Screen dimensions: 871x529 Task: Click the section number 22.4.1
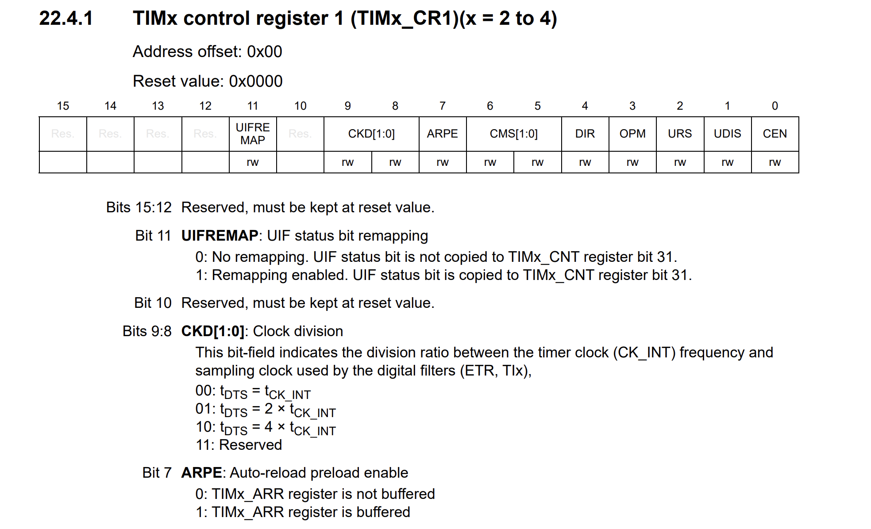tap(66, 19)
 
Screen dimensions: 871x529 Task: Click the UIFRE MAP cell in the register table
tap(253, 134)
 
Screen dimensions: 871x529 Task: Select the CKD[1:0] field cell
tap(371, 134)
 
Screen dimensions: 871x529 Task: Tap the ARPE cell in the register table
tap(442, 134)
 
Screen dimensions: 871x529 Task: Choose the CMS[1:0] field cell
tap(513, 134)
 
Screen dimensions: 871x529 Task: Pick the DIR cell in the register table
tap(585, 134)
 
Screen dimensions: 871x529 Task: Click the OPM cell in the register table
tap(632, 134)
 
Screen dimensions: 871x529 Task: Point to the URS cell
tap(680, 134)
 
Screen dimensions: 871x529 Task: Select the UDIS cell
tap(727, 134)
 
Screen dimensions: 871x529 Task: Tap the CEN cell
tap(775, 134)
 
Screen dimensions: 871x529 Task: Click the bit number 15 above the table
tap(63, 106)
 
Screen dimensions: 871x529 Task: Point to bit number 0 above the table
tap(775, 106)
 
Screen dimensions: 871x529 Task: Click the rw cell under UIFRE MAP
tap(253, 162)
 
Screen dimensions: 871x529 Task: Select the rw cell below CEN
tap(775, 162)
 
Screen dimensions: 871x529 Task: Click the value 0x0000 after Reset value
tap(255, 81)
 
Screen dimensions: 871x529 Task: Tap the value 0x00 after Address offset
tap(264, 52)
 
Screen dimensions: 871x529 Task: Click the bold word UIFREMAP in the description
tap(220, 236)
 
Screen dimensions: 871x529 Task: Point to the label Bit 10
tap(153, 303)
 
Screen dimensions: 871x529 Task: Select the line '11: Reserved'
tap(239, 445)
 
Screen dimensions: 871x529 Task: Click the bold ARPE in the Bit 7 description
tap(201, 473)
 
